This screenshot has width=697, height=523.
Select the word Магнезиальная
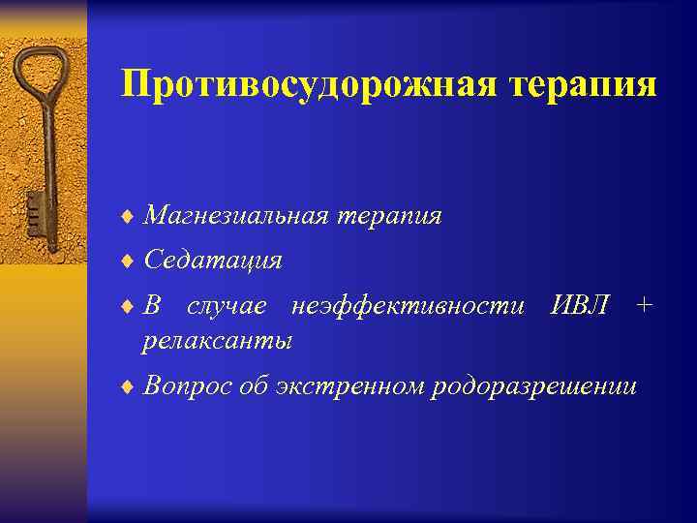pos(234,216)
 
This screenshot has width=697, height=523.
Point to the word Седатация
pos(212,261)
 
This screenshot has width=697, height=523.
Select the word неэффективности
pos(407,306)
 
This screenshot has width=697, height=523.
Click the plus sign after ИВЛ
pos(645,306)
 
